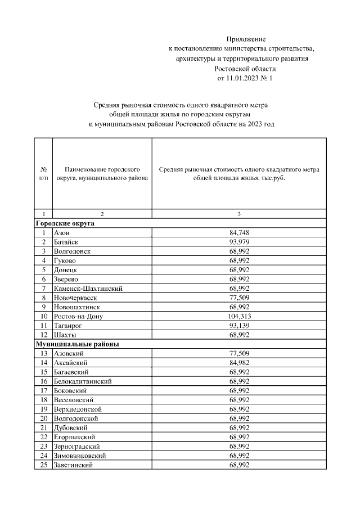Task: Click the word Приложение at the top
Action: pyautogui.click(x=245, y=39)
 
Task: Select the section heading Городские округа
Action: pyautogui.click(x=65, y=223)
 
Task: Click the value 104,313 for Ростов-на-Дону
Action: pyautogui.click(x=239, y=316)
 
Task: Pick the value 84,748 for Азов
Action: pyautogui.click(x=239, y=232)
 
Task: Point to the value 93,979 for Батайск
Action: pyautogui.click(x=239, y=242)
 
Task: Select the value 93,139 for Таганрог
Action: pyautogui.click(x=239, y=326)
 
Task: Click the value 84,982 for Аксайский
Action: pyautogui.click(x=239, y=363)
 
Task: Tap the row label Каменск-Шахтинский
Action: pyautogui.click(x=88, y=289)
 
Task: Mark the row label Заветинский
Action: pyautogui.click(x=73, y=465)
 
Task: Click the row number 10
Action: pyautogui.click(x=43, y=316)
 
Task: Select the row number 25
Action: pyautogui.click(x=43, y=465)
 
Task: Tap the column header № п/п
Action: pyautogui.click(x=43, y=173)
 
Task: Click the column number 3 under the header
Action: pyautogui.click(x=239, y=214)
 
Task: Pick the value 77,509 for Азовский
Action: pyautogui.click(x=239, y=353)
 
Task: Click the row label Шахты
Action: pyautogui.click(x=65, y=335)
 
